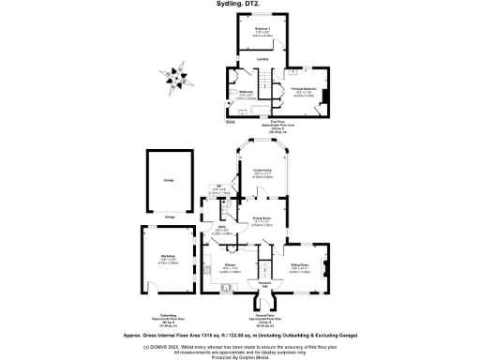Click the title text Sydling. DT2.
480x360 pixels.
pos(240,5)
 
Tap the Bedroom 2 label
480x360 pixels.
pos(262,32)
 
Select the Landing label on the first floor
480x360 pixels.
pos(263,59)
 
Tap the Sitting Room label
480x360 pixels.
pos(299,268)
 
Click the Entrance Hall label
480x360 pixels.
pos(264,282)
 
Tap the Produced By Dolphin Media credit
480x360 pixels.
pos(240,355)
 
